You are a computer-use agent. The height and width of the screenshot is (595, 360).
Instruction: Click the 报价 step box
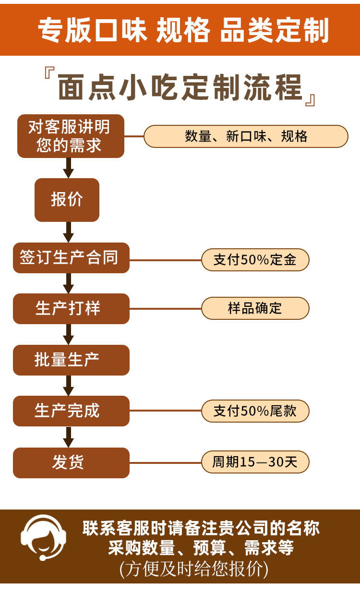tap(67, 200)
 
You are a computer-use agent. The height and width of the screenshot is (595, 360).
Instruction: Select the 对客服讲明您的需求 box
tap(71, 136)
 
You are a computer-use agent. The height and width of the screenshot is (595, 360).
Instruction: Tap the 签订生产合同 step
tap(71, 258)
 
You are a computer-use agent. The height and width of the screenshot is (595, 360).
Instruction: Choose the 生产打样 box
tap(71, 308)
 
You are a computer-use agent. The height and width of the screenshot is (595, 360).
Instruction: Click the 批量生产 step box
tap(71, 360)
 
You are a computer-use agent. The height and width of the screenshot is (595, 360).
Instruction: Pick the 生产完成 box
tap(71, 411)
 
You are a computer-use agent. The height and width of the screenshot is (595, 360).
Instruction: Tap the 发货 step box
tap(71, 462)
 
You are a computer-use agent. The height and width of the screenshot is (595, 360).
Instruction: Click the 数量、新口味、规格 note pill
tap(246, 136)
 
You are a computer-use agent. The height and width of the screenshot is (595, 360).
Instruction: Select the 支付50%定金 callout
tap(255, 260)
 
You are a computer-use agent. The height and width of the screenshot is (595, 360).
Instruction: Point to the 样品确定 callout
tap(255, 308)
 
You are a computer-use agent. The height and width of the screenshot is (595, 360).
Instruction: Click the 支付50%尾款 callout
tap(255, 411)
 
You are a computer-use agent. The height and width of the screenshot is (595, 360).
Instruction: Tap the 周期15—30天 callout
tap(255, 462)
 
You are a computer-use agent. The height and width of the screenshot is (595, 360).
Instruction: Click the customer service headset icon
tap(44, 538)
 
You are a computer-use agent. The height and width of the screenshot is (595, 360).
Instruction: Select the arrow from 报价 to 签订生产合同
tap(69, 232)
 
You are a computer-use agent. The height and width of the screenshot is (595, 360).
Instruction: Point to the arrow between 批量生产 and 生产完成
tap(69, 385)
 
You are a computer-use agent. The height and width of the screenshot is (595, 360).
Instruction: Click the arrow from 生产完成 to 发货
tap(69, 437)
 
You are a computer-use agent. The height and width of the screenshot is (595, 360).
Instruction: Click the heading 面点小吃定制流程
tap(180, 87)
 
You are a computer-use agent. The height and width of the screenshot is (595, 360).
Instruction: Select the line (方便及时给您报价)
tap(194, 569)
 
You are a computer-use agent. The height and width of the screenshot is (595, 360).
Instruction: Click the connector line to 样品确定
tap(165, 308)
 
